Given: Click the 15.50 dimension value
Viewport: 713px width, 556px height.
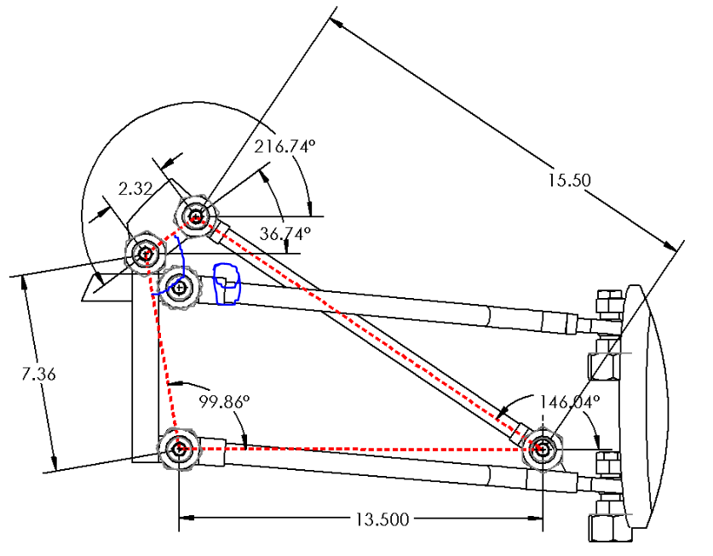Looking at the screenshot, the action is coord(570,181).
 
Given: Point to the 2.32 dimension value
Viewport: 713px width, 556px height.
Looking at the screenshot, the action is coord(135,189).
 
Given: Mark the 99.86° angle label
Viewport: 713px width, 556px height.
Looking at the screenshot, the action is coord(223,401).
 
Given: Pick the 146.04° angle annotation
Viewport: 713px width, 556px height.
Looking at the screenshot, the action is coord(569,401).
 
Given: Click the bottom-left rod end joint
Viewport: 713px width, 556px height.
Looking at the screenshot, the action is coord(179,449).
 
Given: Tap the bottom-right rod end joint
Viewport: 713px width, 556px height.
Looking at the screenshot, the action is coord(542,447).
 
